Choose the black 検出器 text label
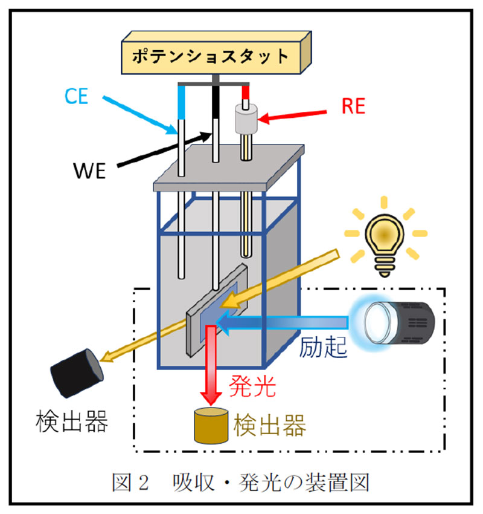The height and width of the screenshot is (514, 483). click(72, 421)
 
